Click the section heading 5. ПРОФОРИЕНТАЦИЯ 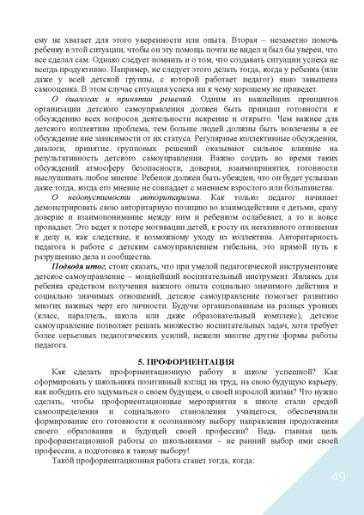tap(182, 364)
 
